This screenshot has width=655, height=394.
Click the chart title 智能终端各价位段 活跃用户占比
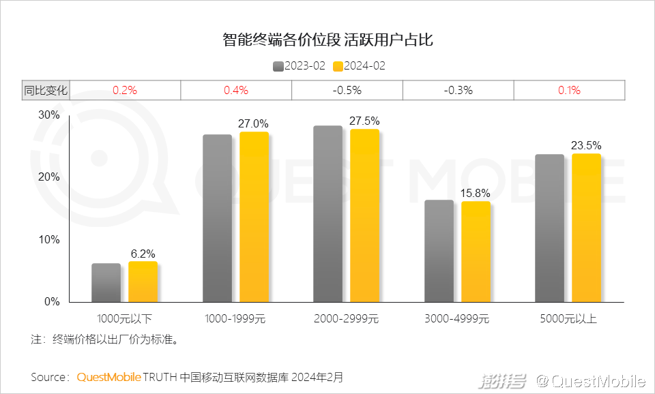(x=327, y=40)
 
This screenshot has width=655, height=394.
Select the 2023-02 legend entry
(x=299, y=66)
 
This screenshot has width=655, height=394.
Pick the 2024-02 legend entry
(x=359, y=66)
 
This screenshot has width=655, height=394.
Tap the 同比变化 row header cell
(x=46, y=90)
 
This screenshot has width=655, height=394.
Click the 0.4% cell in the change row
(x=236, y=90)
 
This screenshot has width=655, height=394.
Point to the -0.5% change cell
(x=347, y=90)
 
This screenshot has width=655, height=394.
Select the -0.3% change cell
(x=458, y=90)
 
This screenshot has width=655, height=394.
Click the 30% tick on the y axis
(x=48, y=115)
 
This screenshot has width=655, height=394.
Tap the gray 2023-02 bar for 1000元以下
(x=106, y=282)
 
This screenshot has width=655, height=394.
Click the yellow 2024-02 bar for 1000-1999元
(x=254, y=217)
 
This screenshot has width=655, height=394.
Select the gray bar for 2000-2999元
(x=327, y=214)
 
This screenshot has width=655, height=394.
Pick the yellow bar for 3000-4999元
(x=476, y=252)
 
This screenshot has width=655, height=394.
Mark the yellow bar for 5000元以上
(x=586, y=228)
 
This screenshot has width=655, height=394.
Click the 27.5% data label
(x=364, y=121)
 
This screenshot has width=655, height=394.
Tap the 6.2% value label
(x=143, y=254)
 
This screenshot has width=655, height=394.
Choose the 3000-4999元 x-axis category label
(x=457, y=318)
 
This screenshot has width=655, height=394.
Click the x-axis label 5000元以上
(x=568, y=318)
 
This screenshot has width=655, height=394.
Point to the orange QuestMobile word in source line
(x=109, y=376)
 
